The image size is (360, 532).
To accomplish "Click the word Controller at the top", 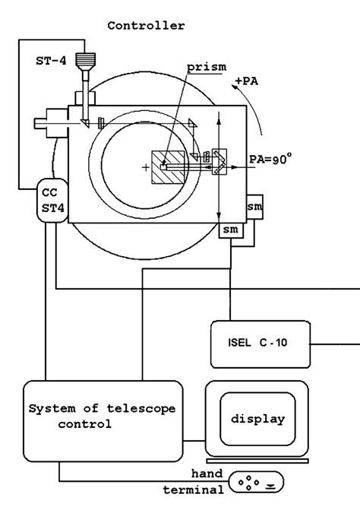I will pyautogui.click(x=146, y=25).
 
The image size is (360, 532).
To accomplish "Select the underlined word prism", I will pyautogui.click(x=207, y=67).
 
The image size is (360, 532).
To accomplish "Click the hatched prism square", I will pyautogui.click(x=171, y=167).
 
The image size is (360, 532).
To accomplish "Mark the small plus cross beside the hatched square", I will pyautogui.click(x=146, y=167).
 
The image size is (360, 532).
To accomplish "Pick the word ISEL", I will pyautogui.click(x=238, y=340).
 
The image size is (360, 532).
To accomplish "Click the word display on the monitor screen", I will pyautogui.click(x=257, y=419).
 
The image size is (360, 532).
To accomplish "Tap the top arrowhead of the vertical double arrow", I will pyautogui.click(x=219, y=118).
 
